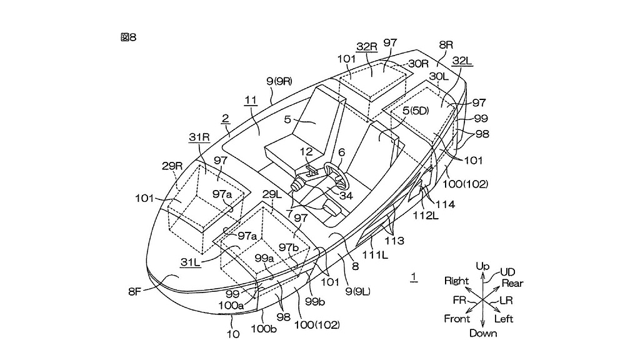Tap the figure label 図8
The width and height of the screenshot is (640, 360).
[128, 37]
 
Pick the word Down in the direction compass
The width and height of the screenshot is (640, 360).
[483, 333]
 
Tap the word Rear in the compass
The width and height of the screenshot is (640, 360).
[512, 283]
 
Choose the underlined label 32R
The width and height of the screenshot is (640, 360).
[367, 47]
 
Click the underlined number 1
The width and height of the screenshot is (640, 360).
[413, 276]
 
